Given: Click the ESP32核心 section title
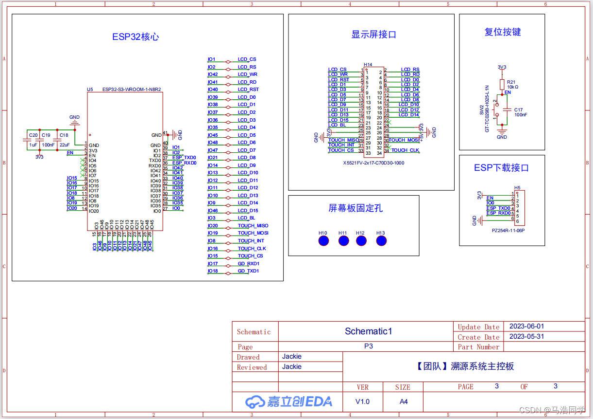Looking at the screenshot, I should [x=136, y=37].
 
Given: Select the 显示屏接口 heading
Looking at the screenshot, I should [x=373, y=35].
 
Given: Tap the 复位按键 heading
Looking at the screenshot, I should [x=503, y=32].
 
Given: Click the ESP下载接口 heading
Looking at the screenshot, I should [x=501, y=168].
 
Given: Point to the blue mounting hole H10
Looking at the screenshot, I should [x=323, y=240].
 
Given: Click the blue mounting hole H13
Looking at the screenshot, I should [x=381, y=240].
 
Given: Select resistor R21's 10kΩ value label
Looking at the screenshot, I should [x=512, y=87].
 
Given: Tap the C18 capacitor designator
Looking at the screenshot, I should [x=64, y=135].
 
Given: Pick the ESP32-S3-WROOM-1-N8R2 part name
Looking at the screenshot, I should [x=132, y=90].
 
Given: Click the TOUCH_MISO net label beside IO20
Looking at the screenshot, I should [x=253, y=226].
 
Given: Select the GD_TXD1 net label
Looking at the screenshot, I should [x=248, y=271].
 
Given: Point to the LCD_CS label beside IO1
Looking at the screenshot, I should [x=247, y=59].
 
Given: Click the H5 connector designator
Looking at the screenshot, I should [x=517, y=188].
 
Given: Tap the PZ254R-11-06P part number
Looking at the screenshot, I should [x=508, y=230].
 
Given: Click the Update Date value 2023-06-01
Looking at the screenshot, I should [x=526, y=327].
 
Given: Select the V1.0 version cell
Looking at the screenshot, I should [x=362, y=401].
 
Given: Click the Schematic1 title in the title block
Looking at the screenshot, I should [x=368, y=331].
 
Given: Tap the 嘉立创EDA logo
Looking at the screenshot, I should [x=288, y=401].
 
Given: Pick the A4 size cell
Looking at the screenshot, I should [x=403, y=401].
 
